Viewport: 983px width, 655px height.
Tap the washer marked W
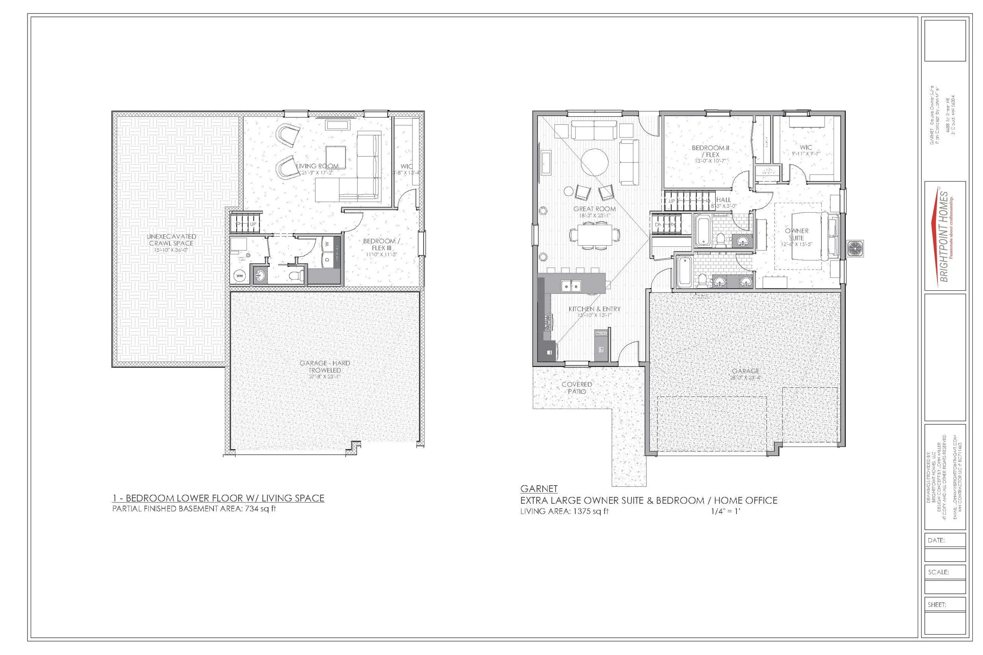(x=327, y=244)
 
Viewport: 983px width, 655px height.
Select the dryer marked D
(x=327, y=259)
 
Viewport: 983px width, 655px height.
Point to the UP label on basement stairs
(x=253, y=224)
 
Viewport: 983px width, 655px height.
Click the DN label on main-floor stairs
(x=658, y=224)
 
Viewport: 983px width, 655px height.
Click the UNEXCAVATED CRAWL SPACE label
(x=171, y=240)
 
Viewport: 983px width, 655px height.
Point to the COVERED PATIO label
(x=577, y=388)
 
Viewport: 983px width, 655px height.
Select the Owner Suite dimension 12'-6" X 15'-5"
(x=797, y=244)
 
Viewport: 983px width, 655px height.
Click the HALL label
(x=723, y=200)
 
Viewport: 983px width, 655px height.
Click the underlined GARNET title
(x=539, y=488)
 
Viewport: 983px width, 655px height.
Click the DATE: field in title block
(x=936, y=540)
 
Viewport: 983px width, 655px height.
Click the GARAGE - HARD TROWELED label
(x=325, y=366)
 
